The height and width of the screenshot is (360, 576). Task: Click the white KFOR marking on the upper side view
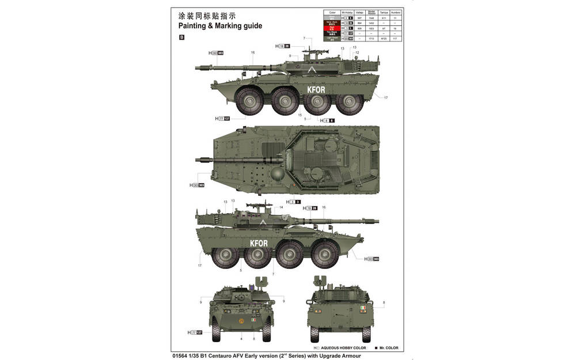point(316,90)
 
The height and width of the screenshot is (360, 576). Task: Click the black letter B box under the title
point(182,38)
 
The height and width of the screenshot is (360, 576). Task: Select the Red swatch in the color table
point(332,28)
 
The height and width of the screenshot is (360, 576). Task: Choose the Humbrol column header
point(395,12)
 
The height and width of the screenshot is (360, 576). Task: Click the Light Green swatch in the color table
point(332,38)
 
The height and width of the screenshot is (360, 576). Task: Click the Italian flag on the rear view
point(362,310)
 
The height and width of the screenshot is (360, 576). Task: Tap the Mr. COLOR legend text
point(388,348)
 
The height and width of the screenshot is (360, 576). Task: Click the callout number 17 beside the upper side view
point(386,98)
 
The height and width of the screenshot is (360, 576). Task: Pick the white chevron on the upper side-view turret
point(313,70)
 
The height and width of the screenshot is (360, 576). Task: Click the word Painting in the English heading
point(193,26)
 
